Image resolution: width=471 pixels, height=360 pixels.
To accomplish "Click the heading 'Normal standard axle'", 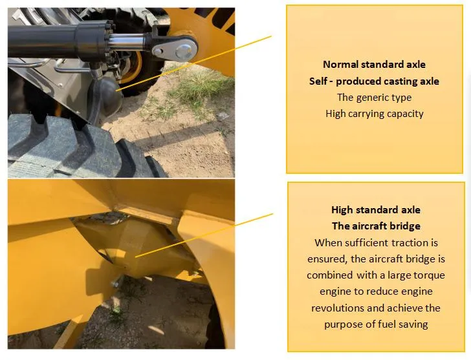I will [x=374, y=65].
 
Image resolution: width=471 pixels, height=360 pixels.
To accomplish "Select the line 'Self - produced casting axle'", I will [x=374, y=81].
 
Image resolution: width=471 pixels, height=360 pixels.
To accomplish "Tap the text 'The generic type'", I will [x=374, y=98].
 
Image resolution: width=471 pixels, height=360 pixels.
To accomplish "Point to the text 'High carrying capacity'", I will [x=374, y=114].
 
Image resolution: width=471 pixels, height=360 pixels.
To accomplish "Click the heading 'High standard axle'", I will [x=375, y=210].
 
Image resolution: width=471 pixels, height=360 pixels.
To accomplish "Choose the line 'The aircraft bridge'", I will [x=375, y=226].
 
